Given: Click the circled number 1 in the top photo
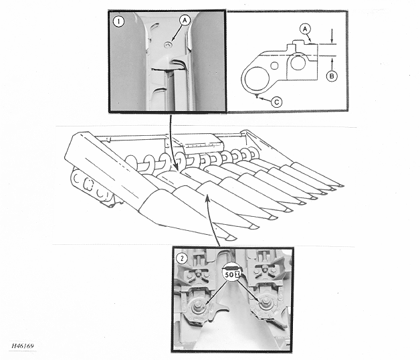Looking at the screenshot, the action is tap(118, 21).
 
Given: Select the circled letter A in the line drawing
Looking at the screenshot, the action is tap(305, 29).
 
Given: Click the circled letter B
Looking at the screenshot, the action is tap(332, 76).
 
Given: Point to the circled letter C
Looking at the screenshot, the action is tap(277, 102).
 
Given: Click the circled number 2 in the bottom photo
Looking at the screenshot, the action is tap(183, 258).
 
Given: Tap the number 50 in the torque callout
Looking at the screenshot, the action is tap(229, 274).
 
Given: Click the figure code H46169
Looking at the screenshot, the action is tap(23, 346).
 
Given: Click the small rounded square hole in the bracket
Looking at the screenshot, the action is tap(275, 66).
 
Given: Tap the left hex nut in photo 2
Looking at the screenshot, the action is tap(197, 304).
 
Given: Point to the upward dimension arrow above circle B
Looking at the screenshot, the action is tap(332, 63).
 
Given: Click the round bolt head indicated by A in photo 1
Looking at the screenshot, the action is tap(168, 45).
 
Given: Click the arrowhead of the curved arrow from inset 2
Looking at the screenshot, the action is tap(207, 198).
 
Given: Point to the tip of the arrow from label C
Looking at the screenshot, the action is tap(257, 97).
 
